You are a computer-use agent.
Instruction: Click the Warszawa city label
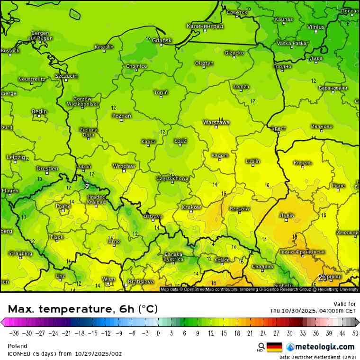[x=216, y=122]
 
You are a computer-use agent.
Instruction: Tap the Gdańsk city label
[x=162, y=40]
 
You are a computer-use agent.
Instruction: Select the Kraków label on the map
[x=191, y=207]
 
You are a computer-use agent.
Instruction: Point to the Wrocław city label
[x=124, y=166]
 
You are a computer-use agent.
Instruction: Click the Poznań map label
[x=122, y=116]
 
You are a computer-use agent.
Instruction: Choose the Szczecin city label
[x=66, y=76]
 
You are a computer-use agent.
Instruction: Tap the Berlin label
[x=39, y=111]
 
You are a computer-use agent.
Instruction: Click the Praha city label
[x=63, y=206]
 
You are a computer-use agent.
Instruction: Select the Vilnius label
[x=315, y=27]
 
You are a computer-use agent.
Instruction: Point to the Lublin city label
[x=252, y=161]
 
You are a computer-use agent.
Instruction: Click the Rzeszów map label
[x=239, y=208]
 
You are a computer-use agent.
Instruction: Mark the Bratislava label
[x=141, y=281]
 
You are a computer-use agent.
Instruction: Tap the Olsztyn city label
[x=204, y=63]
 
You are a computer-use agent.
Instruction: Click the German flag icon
[x=274, y=347]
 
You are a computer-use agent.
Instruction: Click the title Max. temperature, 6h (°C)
[x=82, y=309]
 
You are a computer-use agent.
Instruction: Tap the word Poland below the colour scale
[x=18, y=346]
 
